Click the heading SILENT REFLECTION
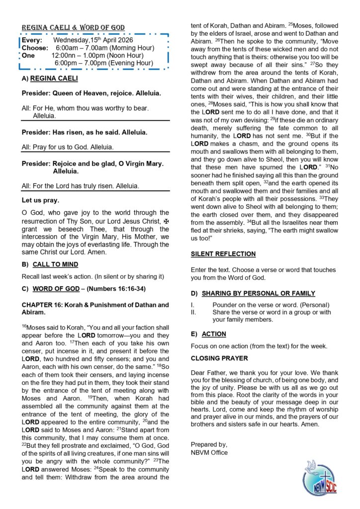point(223,254)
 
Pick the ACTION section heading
point(214,334)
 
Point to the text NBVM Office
point(209,453)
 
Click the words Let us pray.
point(40,200)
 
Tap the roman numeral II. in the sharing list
point(194,312)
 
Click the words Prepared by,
point(209,445)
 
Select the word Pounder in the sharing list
point(225,305)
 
